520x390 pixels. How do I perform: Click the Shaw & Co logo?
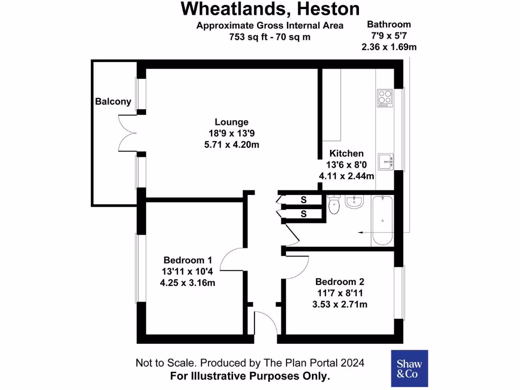tap(409, 369)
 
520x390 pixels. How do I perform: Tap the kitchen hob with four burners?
tap(384, 97)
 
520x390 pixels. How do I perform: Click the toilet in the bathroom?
tap(334, 206)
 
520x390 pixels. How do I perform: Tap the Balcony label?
tap(113, 102)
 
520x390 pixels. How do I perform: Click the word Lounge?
tap(232, 122)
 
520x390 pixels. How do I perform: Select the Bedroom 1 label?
tap(187, 259)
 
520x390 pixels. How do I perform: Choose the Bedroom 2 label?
tap(340, 282)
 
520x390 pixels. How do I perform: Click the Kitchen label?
tap(346, 153)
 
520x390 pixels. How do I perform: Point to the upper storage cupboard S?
tap(304, 200)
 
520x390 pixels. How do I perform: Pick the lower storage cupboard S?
tap(304, 214)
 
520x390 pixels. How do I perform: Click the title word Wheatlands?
tap(227, 9)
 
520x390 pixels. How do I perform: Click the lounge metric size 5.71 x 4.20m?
tap(232, 144)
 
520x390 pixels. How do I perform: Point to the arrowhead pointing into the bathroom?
tap(361, 232)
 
